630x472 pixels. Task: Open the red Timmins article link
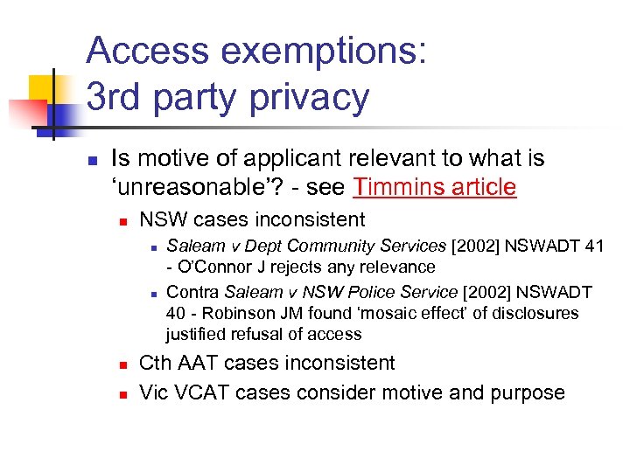pos(434,187)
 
